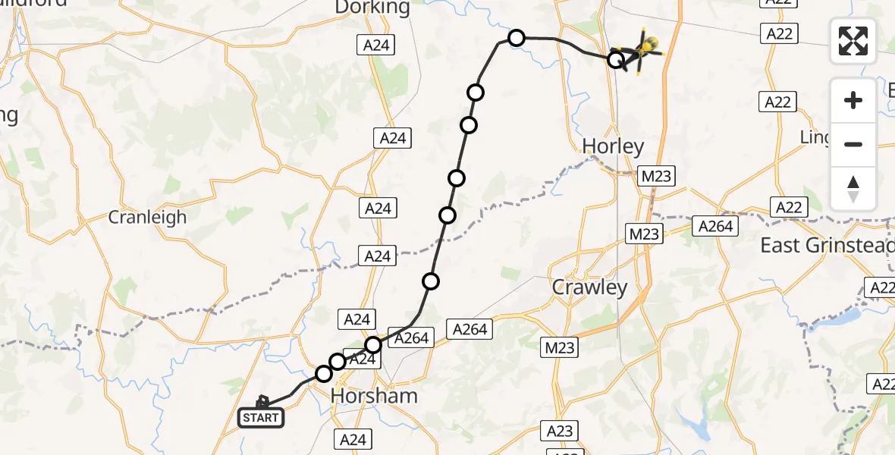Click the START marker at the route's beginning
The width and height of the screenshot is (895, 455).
click(262, 417)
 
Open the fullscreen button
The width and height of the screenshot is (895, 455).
click(853, 40)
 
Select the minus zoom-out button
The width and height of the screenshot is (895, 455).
click(853, 144)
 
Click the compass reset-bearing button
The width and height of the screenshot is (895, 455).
click(853, 189)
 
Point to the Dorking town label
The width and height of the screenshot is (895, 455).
click(372, 8)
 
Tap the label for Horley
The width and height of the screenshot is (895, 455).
click(613, 146)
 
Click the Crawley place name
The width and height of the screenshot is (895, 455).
click(590, 287)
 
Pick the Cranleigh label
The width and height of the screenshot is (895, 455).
click(147, 217)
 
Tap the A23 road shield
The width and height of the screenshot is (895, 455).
click(560, 431)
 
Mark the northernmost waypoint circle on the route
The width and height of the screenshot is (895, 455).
click(516, 38)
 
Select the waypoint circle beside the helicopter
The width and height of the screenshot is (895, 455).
click(617, 58)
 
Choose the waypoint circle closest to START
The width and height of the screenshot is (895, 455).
click(324, 373)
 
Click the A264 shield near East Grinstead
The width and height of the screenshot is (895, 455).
click(715, 226)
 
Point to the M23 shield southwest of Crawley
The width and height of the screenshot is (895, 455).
click(560, 347)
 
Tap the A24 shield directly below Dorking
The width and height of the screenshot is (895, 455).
click(375, 45)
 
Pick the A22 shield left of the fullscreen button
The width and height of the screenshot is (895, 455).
click(779, 33)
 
